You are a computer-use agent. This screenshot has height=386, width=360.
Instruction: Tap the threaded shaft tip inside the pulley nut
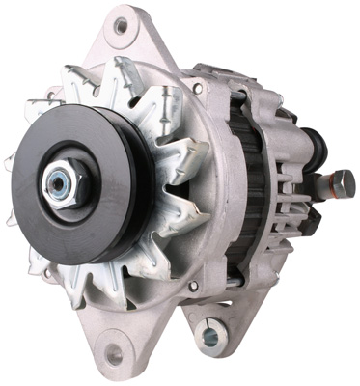point(59,179)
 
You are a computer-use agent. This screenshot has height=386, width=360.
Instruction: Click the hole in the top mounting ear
point(120,27)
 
